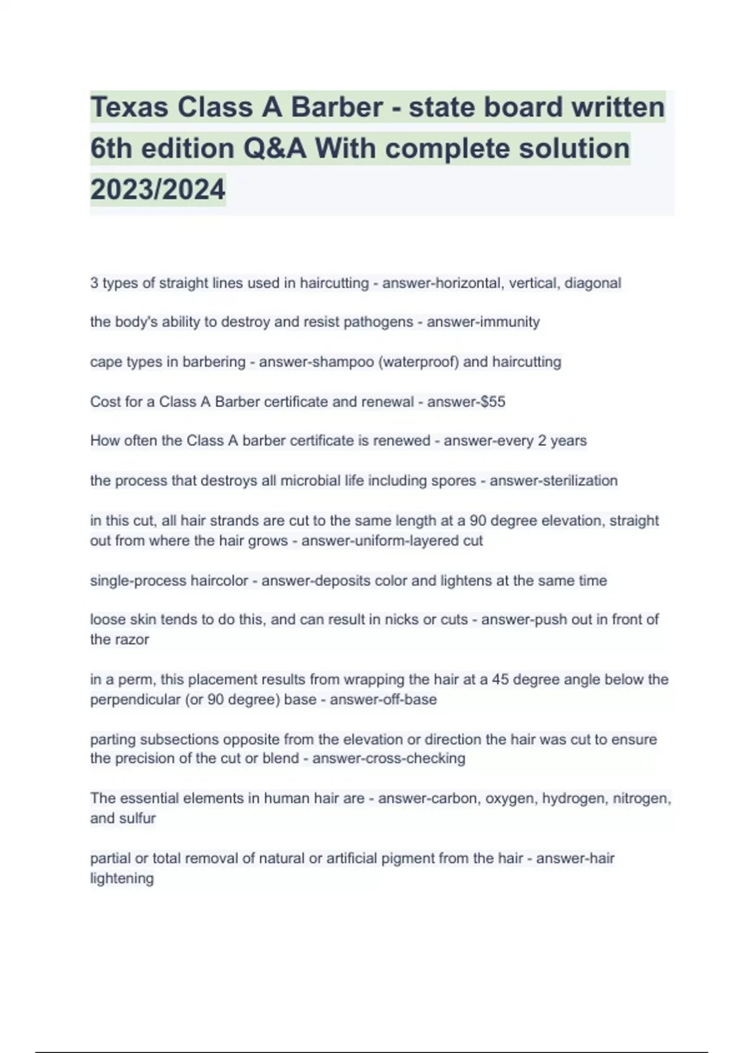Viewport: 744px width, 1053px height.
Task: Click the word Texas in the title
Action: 129,107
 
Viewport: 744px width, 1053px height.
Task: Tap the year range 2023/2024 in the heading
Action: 157,189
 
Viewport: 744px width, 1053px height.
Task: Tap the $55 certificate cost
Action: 493,401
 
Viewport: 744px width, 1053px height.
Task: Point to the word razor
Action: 131,640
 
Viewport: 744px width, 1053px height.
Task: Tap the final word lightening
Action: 122,878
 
